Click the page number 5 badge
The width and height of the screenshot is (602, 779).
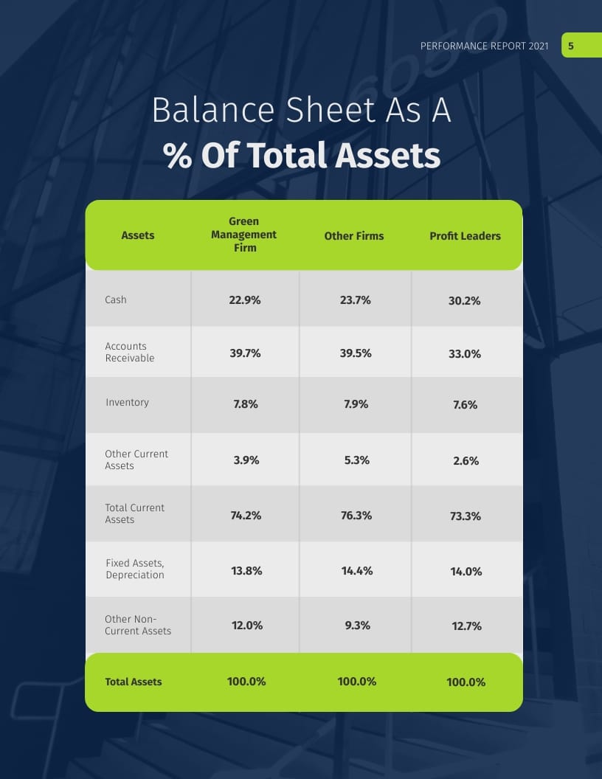(571, 46)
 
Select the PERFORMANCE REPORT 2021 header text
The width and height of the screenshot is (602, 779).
(484, 46)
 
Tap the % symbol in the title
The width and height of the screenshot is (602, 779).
(178, 156)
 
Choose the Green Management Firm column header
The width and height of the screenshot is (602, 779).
(243, 235)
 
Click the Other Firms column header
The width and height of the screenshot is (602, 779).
(354, 236)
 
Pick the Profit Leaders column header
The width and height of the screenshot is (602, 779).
(465, 236)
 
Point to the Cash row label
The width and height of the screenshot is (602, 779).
(116, 300)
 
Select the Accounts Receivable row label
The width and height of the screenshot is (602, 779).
(130, 352)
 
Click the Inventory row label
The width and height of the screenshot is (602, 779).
(127, 402)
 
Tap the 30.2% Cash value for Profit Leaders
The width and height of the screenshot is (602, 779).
(465, 301)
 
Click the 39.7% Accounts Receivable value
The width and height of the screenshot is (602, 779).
(245, 353)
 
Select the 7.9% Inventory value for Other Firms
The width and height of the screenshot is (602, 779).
(356, 404)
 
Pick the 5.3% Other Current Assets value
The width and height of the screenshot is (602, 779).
(356, 460)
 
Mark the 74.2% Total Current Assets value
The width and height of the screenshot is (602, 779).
(246, 516)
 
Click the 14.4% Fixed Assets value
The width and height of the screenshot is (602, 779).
(356, 571)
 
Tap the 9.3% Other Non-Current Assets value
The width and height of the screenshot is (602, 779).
(356, 626)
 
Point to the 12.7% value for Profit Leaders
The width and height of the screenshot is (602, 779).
(466, 626)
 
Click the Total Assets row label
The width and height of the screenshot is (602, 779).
(134, 682)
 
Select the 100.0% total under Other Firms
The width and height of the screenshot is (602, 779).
(356, 682)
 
